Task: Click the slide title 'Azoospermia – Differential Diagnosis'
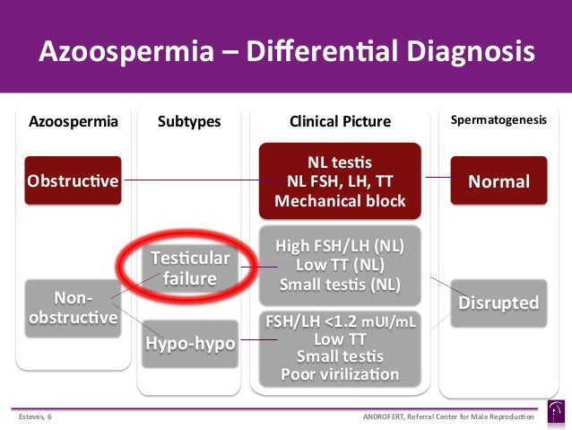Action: click(x=286, y=50)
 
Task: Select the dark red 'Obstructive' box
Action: click(x=74, y=181)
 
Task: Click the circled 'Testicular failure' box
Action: click(x=189, y=268)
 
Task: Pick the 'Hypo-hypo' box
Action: click(x=190, y=344)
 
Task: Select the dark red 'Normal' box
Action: click(x=498, y=181)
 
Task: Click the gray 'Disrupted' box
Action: click(x=498, y=303)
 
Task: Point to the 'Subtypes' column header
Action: click(x=189, y=121)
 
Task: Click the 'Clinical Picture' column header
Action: click(x=340, y=121)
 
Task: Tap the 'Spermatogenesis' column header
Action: click(x=498, y=119)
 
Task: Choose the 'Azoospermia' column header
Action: click(x=74, y=121)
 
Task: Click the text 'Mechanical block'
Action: click(x=340, y=201)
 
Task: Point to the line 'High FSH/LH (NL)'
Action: click(x=340, y=246)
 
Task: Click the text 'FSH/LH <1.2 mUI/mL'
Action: click(x=340, y=320)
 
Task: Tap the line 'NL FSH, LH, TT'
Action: click(x=340, y=182)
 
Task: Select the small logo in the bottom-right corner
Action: click(x=556, y=413)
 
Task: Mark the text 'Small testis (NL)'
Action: click(x=340, y=285)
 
